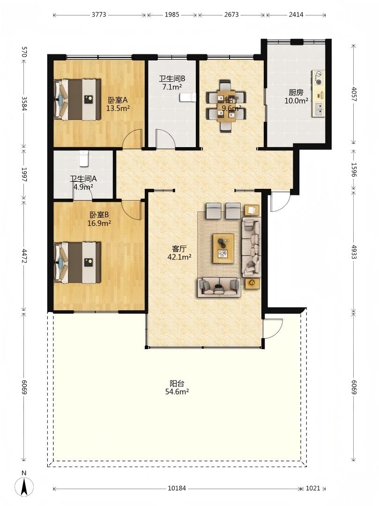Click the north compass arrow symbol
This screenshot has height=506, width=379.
pyautogui.click(x=24, y=486)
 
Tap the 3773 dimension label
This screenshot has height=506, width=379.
pyautogui.click(x=99, y=15)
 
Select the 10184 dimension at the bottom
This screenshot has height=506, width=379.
pyautogui.click(x=177, y=488)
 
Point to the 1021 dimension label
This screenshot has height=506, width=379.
pyautogui.click(x=313, y=488)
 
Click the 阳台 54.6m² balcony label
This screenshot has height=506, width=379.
pyautogui.click(x=177, y=388)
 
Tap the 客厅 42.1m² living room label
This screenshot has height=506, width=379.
pyautogui.click(x=179, y=253)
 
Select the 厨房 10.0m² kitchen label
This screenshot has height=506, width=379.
pyautogui.click(x=296, y=97)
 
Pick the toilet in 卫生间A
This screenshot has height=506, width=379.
pyautogui.click(x=83, y=158)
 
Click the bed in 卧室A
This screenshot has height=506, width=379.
pyautogui.click(x=77, y=99)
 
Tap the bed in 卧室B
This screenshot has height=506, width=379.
pyautogui.click(x=77, y=263)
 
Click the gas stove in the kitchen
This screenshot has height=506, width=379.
pyautogui.click(x=318, y=78)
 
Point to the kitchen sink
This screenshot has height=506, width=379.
pyautogui.click(x=318, y=109)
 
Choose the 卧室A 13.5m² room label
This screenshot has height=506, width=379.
pyautogui.click(x=118, y=104)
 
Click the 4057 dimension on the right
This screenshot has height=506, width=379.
pyautogui.click(x=354, y=94)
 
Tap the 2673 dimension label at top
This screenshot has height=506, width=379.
pyautogui.click(x=231, y=15)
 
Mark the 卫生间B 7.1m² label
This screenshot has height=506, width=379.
pyautogui.click(x=172, y=82)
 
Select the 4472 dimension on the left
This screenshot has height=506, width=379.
pyautogui.click(x=23, y=255)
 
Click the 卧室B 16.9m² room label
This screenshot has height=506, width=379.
pyautogui.click(x=99, y=218)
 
